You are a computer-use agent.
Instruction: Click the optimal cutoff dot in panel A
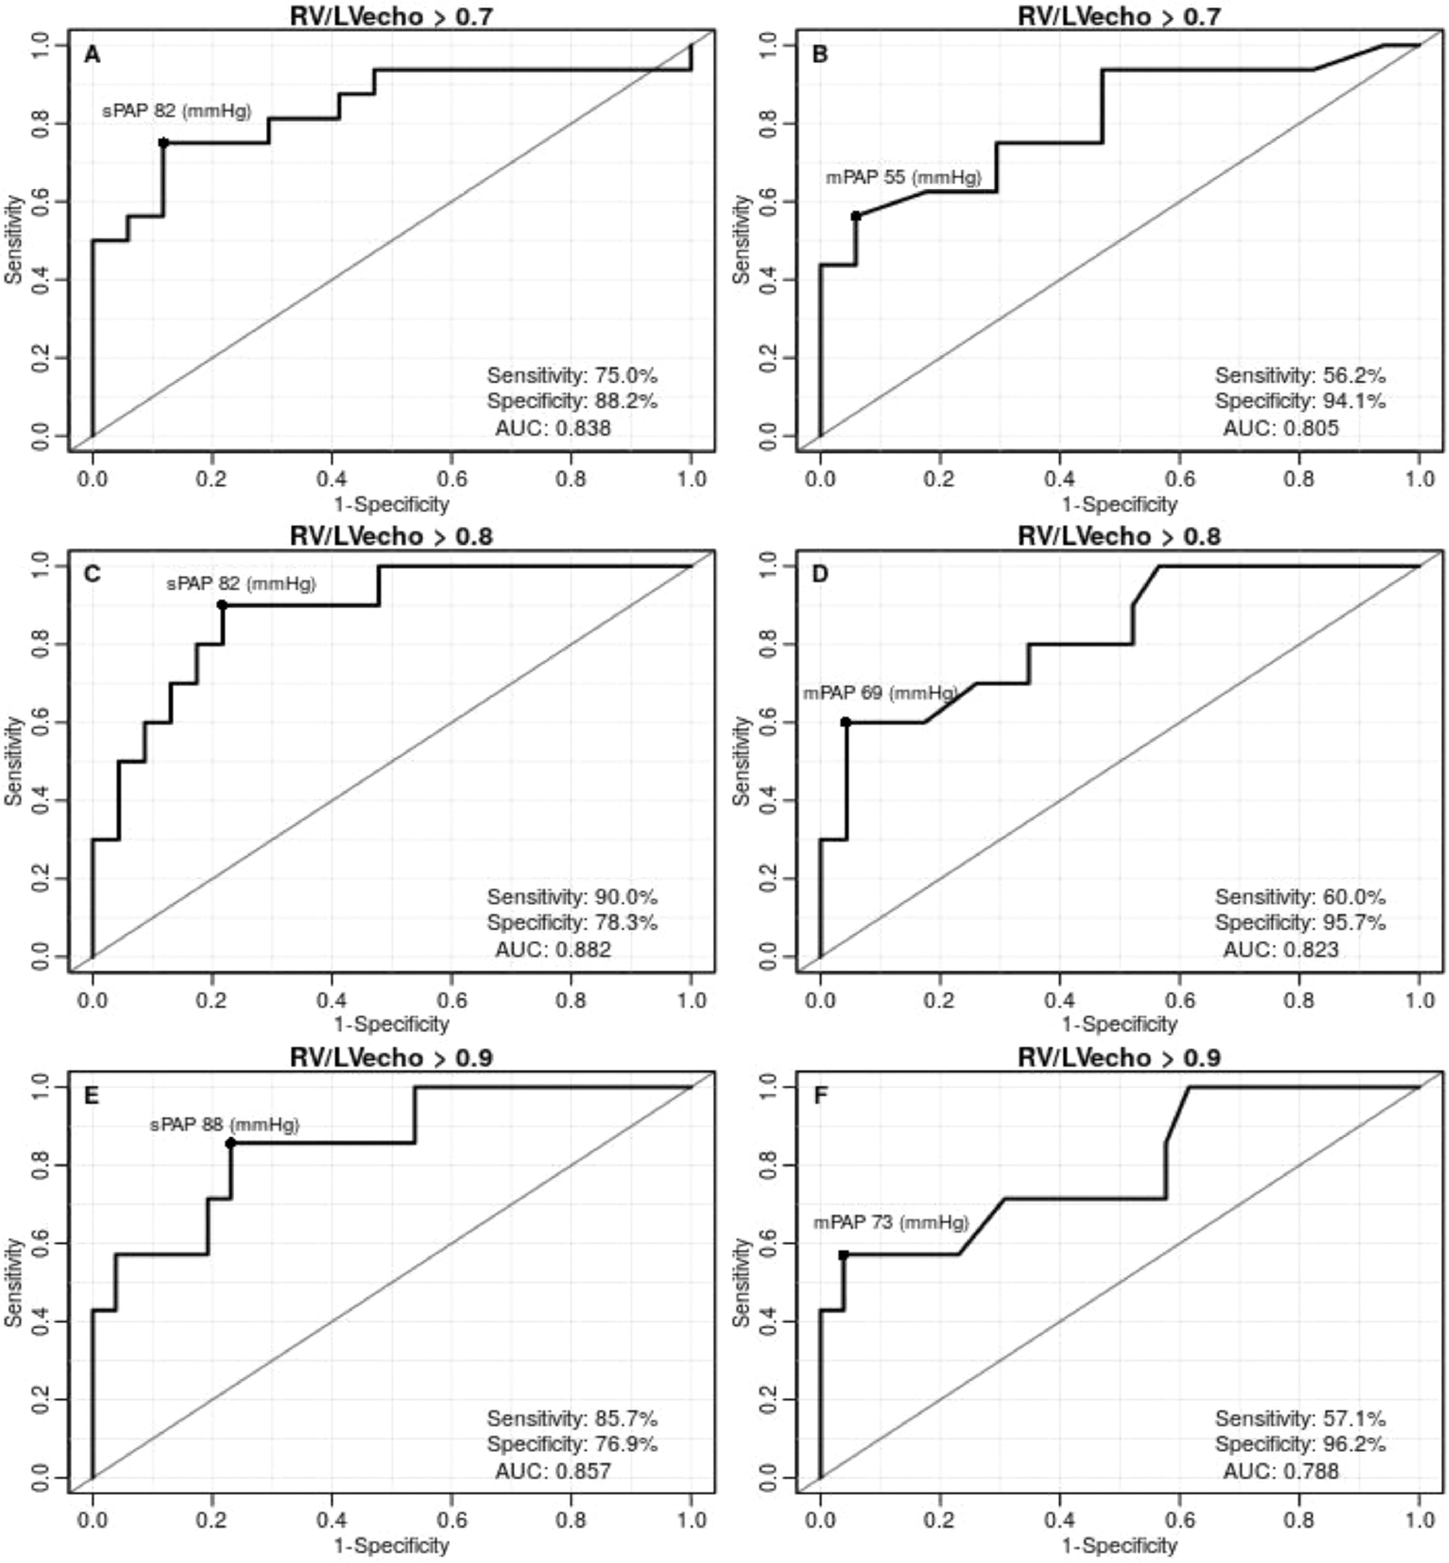coord(163,143)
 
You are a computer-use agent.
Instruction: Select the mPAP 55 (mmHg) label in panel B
coord(903,178)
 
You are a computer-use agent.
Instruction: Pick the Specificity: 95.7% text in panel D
coord(1300,923)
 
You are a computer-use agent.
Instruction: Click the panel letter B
coord(820,55)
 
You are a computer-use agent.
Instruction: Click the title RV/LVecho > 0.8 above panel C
coord(391,537)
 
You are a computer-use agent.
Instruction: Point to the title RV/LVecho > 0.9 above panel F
coord(1119,1058)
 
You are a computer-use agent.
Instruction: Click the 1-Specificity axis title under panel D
coord(1119,1024)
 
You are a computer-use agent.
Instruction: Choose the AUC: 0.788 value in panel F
coord(1281,1471)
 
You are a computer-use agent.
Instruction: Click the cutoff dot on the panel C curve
coord(222,605)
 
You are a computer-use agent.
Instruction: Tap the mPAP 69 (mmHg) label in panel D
coord(880,693)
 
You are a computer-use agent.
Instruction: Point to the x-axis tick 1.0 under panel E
coord(691,1520)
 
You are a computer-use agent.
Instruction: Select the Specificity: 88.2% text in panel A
coord(572,402)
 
